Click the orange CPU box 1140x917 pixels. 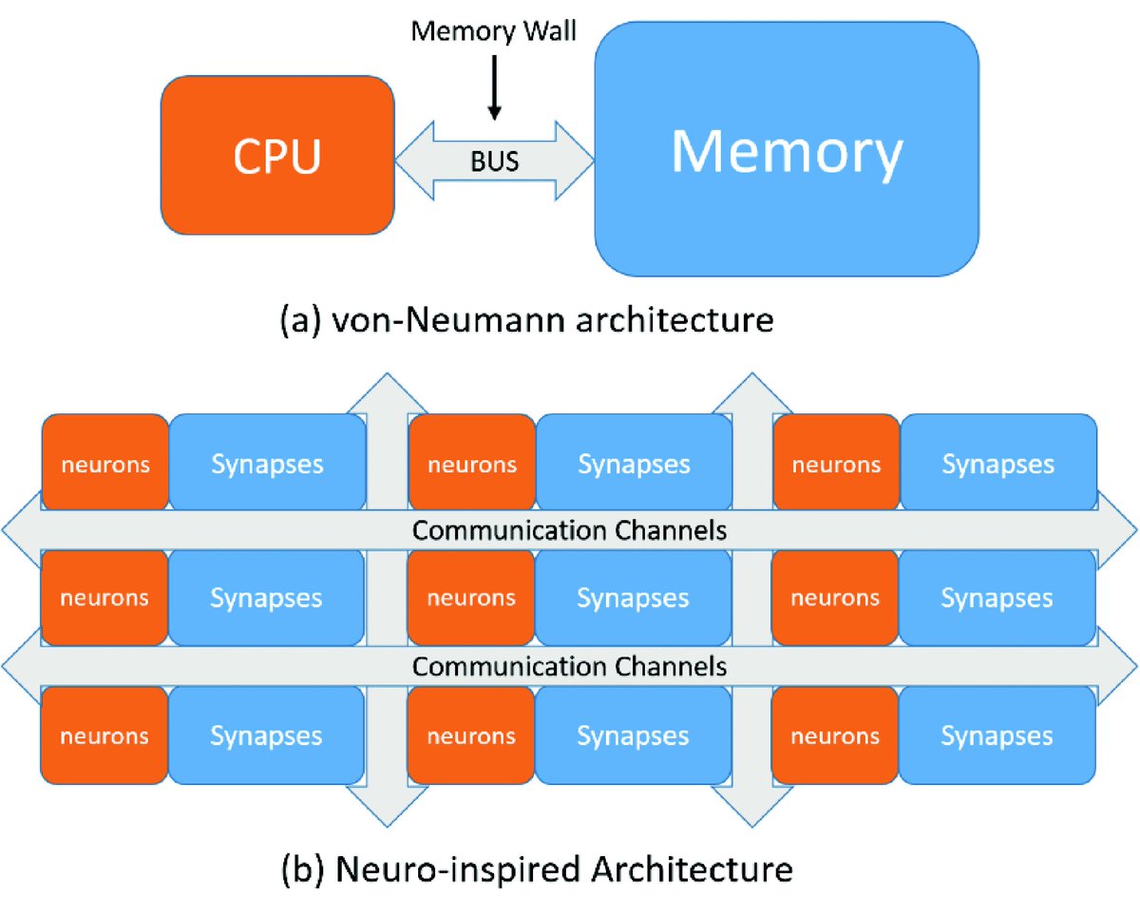click(277, 156)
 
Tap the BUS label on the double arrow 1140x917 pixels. click(494, 161)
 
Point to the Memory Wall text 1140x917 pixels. click(493, 31)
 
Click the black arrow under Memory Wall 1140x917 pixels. click(494, 90)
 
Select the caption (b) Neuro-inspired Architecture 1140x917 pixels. click(537, 868)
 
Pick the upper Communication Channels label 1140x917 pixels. click(569, 530)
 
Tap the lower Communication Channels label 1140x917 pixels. click(569, 666)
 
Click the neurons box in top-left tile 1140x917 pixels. click(104, 465)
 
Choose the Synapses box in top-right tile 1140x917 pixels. click(997, 465)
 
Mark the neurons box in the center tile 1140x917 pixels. click(471, 599)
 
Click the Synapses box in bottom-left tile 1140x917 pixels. click(267, 736)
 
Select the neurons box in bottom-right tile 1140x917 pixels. click(836, 736)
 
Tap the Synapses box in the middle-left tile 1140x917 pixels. click(267, 599)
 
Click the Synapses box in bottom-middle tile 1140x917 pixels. click(634, 736)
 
